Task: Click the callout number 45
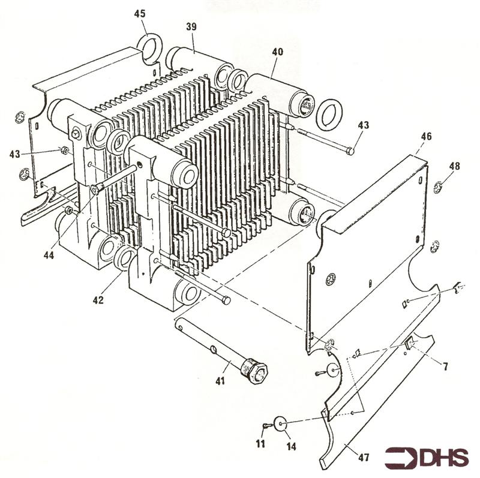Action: (139, 13)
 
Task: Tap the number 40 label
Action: (277, 52)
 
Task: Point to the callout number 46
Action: (425, 137)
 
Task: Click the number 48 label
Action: (455, 166)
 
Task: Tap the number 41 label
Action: (220, 381)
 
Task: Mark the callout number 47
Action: (363, 458)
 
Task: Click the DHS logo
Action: (427, 458)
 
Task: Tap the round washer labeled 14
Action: (281, 423)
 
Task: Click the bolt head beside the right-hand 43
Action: (350, 151)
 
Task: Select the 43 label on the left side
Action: (14, 154)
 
